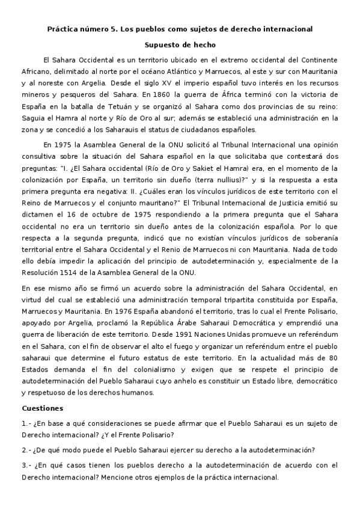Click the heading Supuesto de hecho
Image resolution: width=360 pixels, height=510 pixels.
tap(180, 44)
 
